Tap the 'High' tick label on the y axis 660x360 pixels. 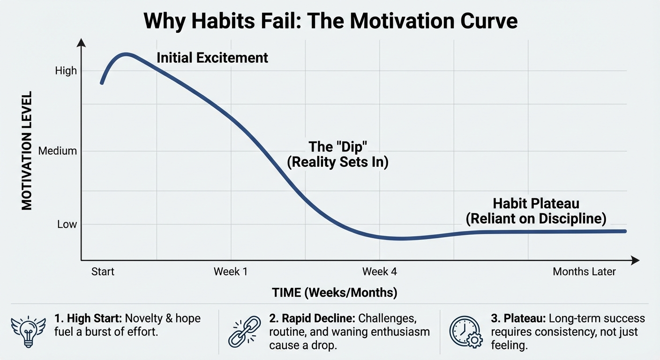coord(66,71)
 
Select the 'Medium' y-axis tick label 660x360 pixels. coord(58,151)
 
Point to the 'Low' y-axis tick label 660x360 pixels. coord(67,225)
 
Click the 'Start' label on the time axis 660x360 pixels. coord(103,272)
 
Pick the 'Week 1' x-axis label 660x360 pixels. coord(230,272)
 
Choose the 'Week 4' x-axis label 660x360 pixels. coord(380,272)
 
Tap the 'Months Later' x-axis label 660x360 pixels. coord(584,272)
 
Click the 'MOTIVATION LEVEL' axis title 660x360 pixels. coord(27,150)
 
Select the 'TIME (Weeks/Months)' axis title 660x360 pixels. coord(335,293)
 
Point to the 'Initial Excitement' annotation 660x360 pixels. coord(212,58)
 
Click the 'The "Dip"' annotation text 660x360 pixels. coord(337,147)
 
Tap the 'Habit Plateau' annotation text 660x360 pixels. coord(536,204)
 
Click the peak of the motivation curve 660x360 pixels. coord(126,54)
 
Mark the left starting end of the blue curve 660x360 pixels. coord(102,83)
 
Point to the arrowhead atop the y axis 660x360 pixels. coord(81,43)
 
